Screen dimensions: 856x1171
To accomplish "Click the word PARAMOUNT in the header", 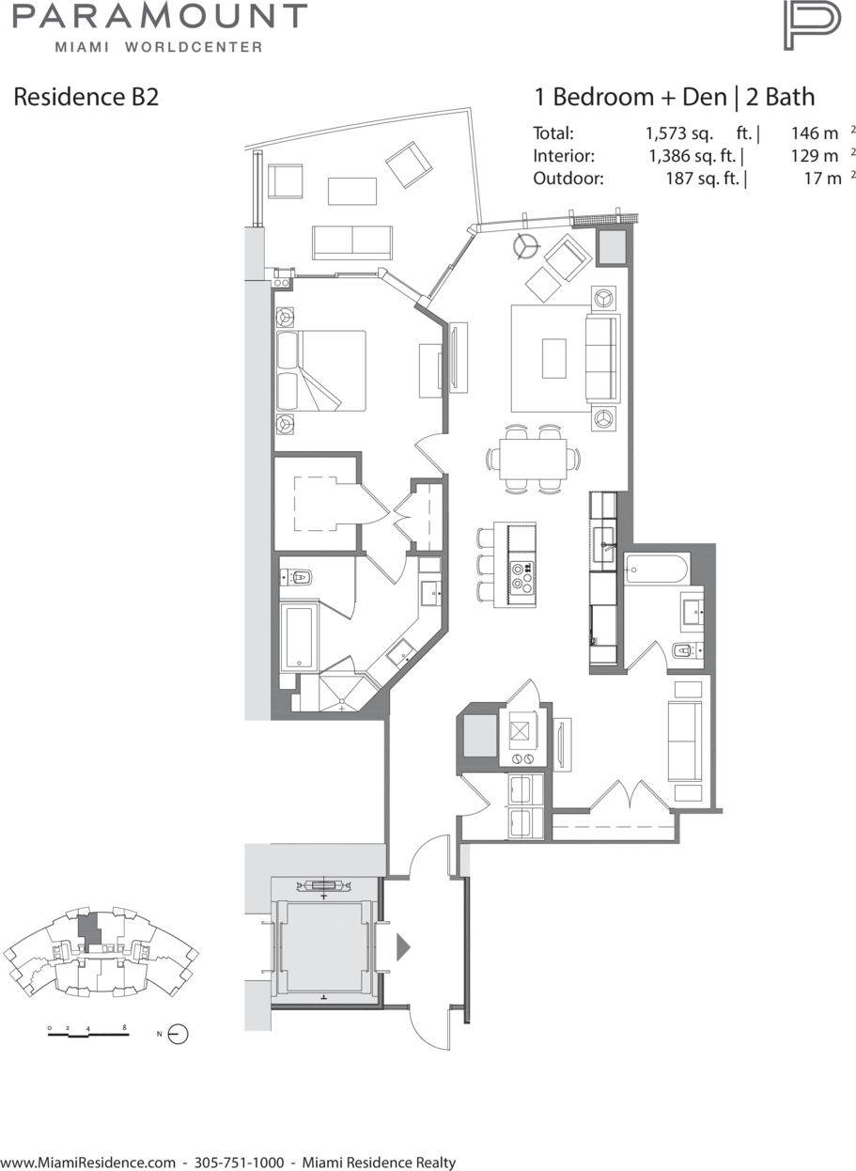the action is coord(160,16).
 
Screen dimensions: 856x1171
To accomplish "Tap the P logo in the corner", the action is coord(812,25).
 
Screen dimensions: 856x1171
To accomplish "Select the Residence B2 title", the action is coord(86,97).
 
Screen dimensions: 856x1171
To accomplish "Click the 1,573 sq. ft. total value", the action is coord(703,133).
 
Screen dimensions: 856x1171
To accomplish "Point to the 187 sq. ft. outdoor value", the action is coord(706,179).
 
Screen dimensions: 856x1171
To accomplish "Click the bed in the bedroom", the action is coord(320,370).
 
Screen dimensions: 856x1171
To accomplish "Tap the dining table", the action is coord(533,459).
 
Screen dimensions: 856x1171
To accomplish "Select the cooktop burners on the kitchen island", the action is coord(521,578).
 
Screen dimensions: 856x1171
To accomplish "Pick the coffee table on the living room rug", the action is coord(554,358).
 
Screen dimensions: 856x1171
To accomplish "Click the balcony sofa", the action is coord(352,242).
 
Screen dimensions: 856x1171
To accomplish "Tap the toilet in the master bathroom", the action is coord(300,578).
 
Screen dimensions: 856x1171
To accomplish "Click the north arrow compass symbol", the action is coord(178,1034).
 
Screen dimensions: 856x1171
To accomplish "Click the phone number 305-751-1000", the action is coord(240,1162).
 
